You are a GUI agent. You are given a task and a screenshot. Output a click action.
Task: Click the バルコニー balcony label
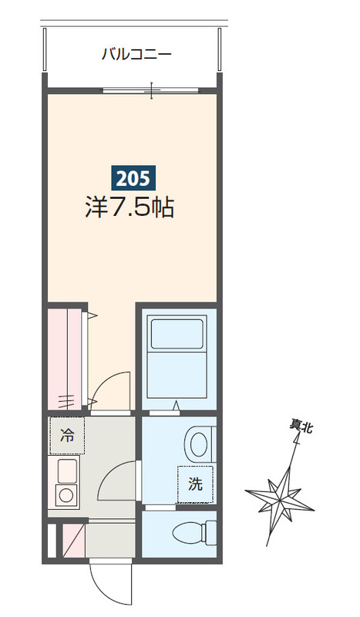(137, 54)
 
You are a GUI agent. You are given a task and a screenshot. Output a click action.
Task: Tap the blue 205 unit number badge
(133, 179)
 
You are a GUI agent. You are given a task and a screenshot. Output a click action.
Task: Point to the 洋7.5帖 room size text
(130, 207)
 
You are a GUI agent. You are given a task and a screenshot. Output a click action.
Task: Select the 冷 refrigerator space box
(67, 436)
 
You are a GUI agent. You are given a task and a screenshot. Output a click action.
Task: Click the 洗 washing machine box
(195, 484)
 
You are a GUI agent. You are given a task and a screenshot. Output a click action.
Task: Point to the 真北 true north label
(301, 427)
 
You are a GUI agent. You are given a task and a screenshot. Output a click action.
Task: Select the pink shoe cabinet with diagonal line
(74, 541)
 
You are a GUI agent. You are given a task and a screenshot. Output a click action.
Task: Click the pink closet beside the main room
(65, 359)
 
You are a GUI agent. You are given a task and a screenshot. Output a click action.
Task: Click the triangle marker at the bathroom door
(177, 405)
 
